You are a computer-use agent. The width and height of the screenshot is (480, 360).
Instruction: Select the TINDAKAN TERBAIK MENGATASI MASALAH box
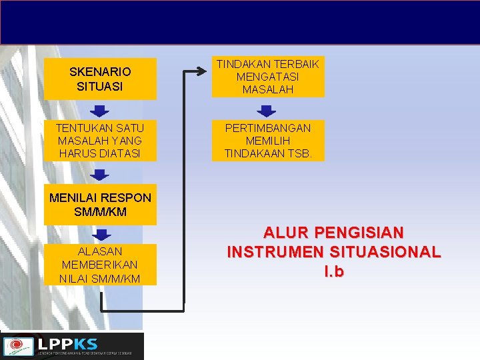pos(269,77)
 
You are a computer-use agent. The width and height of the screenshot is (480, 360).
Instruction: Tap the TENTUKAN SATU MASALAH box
pos(100,140)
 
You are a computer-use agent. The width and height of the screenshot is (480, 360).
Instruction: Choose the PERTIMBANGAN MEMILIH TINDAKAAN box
pos(269,140)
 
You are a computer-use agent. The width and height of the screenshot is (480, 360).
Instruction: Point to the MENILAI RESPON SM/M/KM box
pos(100,205)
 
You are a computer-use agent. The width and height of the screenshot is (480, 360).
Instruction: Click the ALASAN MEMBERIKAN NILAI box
pos(100,265)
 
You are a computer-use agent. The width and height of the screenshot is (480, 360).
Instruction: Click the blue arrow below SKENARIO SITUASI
pos(99,110)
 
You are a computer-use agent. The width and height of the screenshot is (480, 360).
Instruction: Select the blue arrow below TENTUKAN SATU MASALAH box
pos(99,175)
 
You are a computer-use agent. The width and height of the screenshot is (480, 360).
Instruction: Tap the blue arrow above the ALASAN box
pos(99,234)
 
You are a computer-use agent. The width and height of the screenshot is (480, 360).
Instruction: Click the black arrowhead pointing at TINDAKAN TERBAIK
pos(206,68)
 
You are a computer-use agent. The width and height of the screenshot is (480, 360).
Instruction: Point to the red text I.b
pos(333,272)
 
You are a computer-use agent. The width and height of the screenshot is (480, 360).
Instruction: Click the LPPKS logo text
pos(67,344)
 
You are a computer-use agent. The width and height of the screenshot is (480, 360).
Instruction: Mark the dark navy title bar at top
pos(240,23)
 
